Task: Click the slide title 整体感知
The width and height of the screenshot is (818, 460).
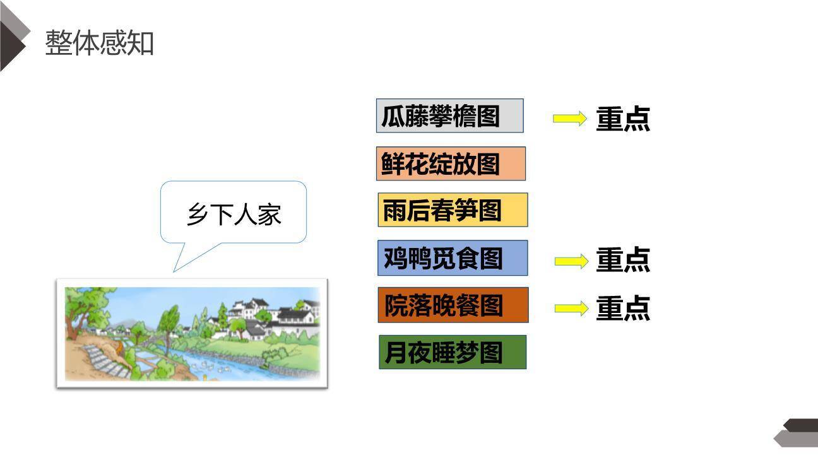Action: click(100, 43)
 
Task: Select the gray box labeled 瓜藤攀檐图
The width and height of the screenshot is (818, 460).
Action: click(449, 116)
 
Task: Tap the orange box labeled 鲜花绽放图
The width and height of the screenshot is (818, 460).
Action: click(451, 163)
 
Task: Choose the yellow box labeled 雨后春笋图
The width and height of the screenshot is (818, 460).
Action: click(452, 210)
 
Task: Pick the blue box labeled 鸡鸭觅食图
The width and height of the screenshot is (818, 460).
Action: click(452, 258)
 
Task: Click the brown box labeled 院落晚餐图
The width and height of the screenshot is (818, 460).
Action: click(453, 305)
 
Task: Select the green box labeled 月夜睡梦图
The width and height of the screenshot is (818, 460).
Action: click(452, 352)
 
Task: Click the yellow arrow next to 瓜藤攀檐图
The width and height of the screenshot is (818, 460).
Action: click(569, 119)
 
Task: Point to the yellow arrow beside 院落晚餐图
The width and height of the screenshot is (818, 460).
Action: click(571, 308)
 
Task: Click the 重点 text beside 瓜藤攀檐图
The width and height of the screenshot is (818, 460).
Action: click(623, 119)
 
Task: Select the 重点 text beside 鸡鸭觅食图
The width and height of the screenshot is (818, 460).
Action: click(623, 260)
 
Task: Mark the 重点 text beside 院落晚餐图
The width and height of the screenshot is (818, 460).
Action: click(623, 308)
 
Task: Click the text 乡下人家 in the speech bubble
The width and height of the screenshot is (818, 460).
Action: click(234, 215)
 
